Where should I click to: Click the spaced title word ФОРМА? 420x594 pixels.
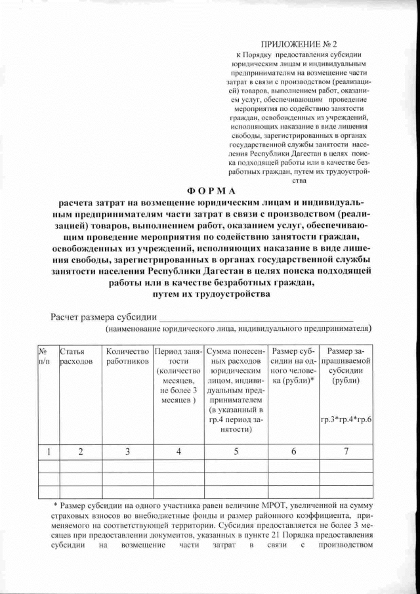coord(210,190)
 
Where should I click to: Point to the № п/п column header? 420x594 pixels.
coord(47,356)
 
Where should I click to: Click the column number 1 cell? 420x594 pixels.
coord(47,451)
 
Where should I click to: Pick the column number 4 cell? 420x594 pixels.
coord(178,451)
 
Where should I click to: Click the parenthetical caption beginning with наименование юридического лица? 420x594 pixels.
coord(238,328)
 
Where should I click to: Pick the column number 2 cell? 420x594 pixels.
coord(80,451)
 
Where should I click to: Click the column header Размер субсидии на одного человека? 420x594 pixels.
coord(294,366)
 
